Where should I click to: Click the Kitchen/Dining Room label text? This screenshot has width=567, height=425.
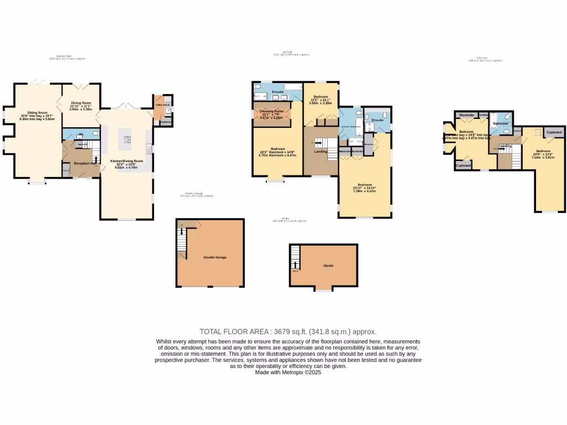click(127, 160)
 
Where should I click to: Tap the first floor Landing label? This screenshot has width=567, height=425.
click(320, 151)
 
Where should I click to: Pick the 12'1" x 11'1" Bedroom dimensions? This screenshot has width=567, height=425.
click(321, 101)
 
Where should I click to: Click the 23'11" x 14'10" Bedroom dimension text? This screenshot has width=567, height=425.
click(365, 189)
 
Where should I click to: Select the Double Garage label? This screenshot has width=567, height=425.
click(215, 257)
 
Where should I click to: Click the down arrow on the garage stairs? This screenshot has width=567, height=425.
click(182, 231)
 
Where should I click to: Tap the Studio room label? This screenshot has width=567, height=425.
click(328, 266)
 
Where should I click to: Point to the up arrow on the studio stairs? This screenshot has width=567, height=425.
click(295, 264)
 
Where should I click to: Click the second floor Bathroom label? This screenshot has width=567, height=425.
click(501, 123)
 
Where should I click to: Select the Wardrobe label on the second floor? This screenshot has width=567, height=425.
click(463, 115)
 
